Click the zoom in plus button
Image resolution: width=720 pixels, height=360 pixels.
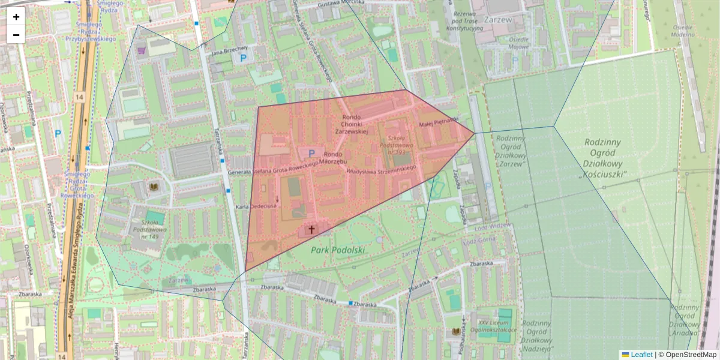[16, 17]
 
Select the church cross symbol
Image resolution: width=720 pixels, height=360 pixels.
[311, 229]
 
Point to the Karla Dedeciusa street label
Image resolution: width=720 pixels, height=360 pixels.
[256, 206]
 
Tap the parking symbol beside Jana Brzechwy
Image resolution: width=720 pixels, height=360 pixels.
[243, 58]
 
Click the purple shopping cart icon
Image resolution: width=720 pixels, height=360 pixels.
[142, 50]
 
